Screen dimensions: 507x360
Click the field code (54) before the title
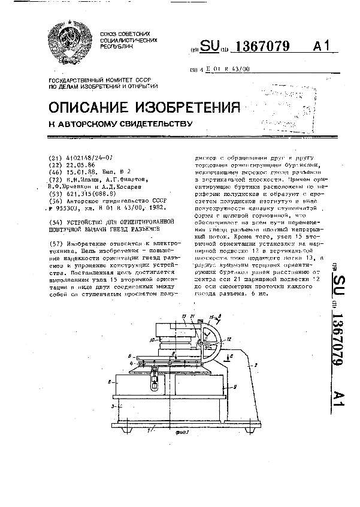pos(55,221)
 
